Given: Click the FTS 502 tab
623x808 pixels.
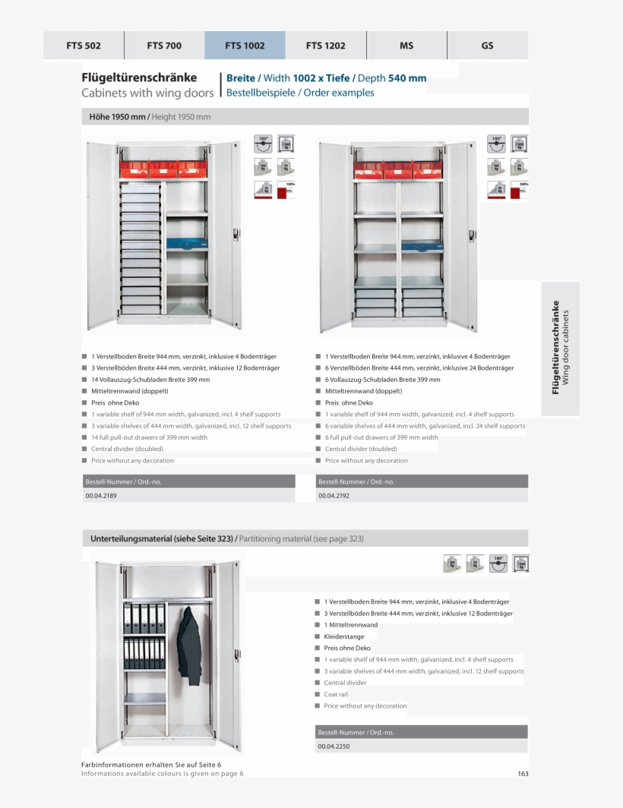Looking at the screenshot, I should pos(84,46).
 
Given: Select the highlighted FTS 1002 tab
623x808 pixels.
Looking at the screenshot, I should pos(245,46).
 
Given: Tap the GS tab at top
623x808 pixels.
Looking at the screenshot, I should pos(487,46).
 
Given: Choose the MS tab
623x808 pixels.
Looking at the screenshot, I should pos(406,46).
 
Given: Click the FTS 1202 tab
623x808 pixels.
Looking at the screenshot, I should pos(325,46).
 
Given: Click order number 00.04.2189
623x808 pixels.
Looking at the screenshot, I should pos(100,495).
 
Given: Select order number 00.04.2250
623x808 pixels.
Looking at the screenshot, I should pos(334,746).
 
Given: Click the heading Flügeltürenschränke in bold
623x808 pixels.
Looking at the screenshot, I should pos(139,77).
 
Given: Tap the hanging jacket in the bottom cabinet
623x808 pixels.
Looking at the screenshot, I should pos(188,645).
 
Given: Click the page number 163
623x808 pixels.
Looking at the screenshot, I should pos(523,774).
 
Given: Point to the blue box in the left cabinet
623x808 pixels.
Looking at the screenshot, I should pos(186,245).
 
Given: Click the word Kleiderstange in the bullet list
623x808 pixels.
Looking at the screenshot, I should pos(343,636).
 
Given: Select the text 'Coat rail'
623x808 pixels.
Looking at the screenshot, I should pos(336,694).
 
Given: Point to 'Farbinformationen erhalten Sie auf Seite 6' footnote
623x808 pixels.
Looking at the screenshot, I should pos(150,765).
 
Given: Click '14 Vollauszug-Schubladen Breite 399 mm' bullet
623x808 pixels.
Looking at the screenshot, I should pos(150,380).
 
